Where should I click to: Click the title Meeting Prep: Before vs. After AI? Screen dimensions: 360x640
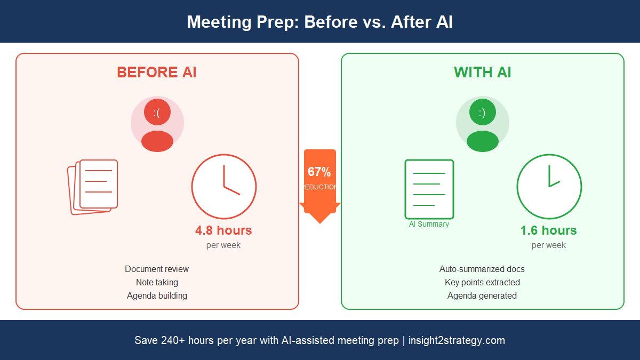coord(319,22)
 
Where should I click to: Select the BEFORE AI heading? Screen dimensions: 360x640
coord(157,72)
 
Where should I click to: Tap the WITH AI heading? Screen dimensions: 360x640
coord(482,72)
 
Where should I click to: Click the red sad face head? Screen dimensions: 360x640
coord(157,113)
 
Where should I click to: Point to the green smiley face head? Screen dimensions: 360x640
coord(482,113)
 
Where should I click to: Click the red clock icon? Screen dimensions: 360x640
coord(224,187)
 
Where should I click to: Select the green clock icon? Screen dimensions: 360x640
coord(549,187)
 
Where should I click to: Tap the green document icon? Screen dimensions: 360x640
coord(429,189)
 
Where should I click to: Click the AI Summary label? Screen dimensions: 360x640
coord(429,225)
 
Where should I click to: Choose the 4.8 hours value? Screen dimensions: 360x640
coord(223,230)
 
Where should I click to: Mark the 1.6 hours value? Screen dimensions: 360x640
coord(548,230)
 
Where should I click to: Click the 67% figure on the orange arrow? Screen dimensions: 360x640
coord(319,172)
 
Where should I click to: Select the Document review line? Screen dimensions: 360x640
coord(157,269)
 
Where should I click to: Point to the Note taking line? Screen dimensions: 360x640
coord(157,282)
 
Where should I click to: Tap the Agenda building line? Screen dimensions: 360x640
coord(157,295)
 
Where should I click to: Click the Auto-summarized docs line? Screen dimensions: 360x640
coord(482,269)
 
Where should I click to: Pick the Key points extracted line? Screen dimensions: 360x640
coord(482,282)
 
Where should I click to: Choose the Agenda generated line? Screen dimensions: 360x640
coord(482,295)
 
